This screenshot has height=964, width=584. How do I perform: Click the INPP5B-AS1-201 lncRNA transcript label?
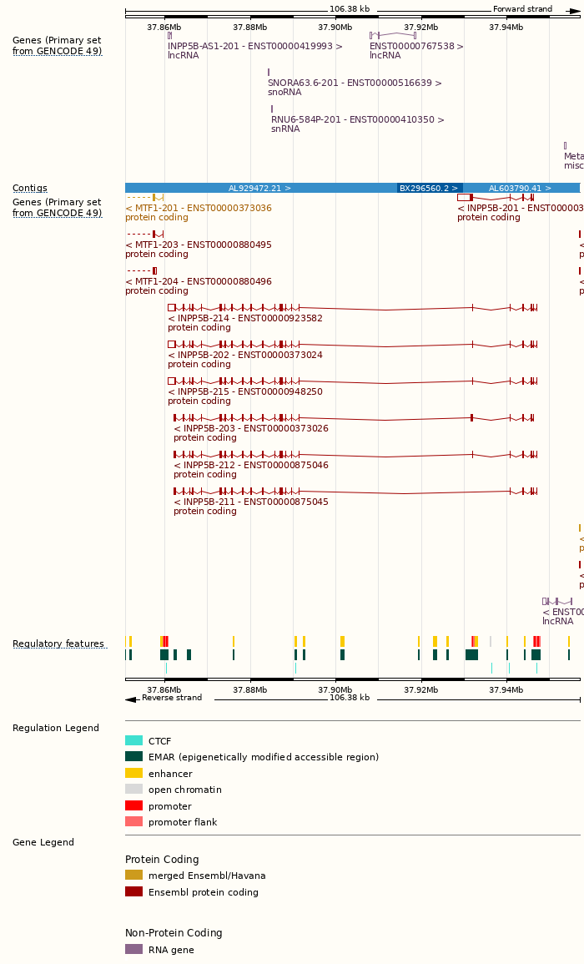254,47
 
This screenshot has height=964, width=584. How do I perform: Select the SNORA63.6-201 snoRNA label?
355,83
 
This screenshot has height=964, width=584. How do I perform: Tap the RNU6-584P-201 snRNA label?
357,120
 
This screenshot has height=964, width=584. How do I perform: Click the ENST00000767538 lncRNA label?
416,47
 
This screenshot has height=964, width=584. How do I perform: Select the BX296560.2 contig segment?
430,189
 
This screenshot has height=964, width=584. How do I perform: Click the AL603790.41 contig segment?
520,189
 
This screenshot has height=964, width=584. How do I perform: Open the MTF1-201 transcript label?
199,208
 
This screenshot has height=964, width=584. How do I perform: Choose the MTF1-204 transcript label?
199,281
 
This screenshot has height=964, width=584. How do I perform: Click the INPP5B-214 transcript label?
245,318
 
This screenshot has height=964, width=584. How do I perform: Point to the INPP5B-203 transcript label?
251,428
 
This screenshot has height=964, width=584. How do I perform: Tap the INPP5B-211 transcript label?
251,502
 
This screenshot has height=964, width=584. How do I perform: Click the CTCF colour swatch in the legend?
133,740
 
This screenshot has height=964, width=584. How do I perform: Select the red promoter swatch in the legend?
133,805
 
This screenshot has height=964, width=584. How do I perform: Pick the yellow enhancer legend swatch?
133,773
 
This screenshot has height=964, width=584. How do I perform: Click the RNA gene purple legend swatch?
133,949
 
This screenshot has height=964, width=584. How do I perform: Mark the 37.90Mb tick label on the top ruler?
335,28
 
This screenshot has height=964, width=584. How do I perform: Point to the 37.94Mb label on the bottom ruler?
506,689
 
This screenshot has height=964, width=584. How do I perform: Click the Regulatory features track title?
58,644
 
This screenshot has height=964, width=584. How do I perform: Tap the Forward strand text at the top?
522,9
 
